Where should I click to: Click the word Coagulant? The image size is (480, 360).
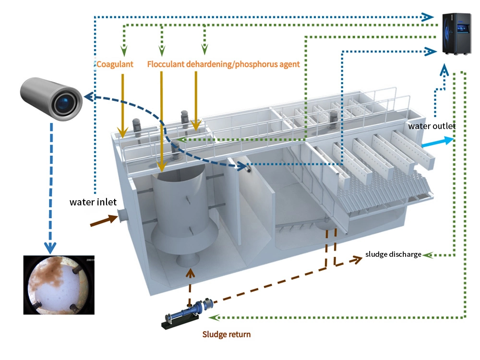pyautogui.click(x=115, y=64)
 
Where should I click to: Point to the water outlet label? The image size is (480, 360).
pyautogui.click(x=432, y=126)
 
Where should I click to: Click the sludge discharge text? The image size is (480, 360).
pyautogui.click(x=393, y=254)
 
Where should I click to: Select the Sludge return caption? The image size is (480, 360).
pyautogui.click(x=226, y=334)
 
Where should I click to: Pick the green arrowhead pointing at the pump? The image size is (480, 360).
pyautogui.click(x=216, y=317)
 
